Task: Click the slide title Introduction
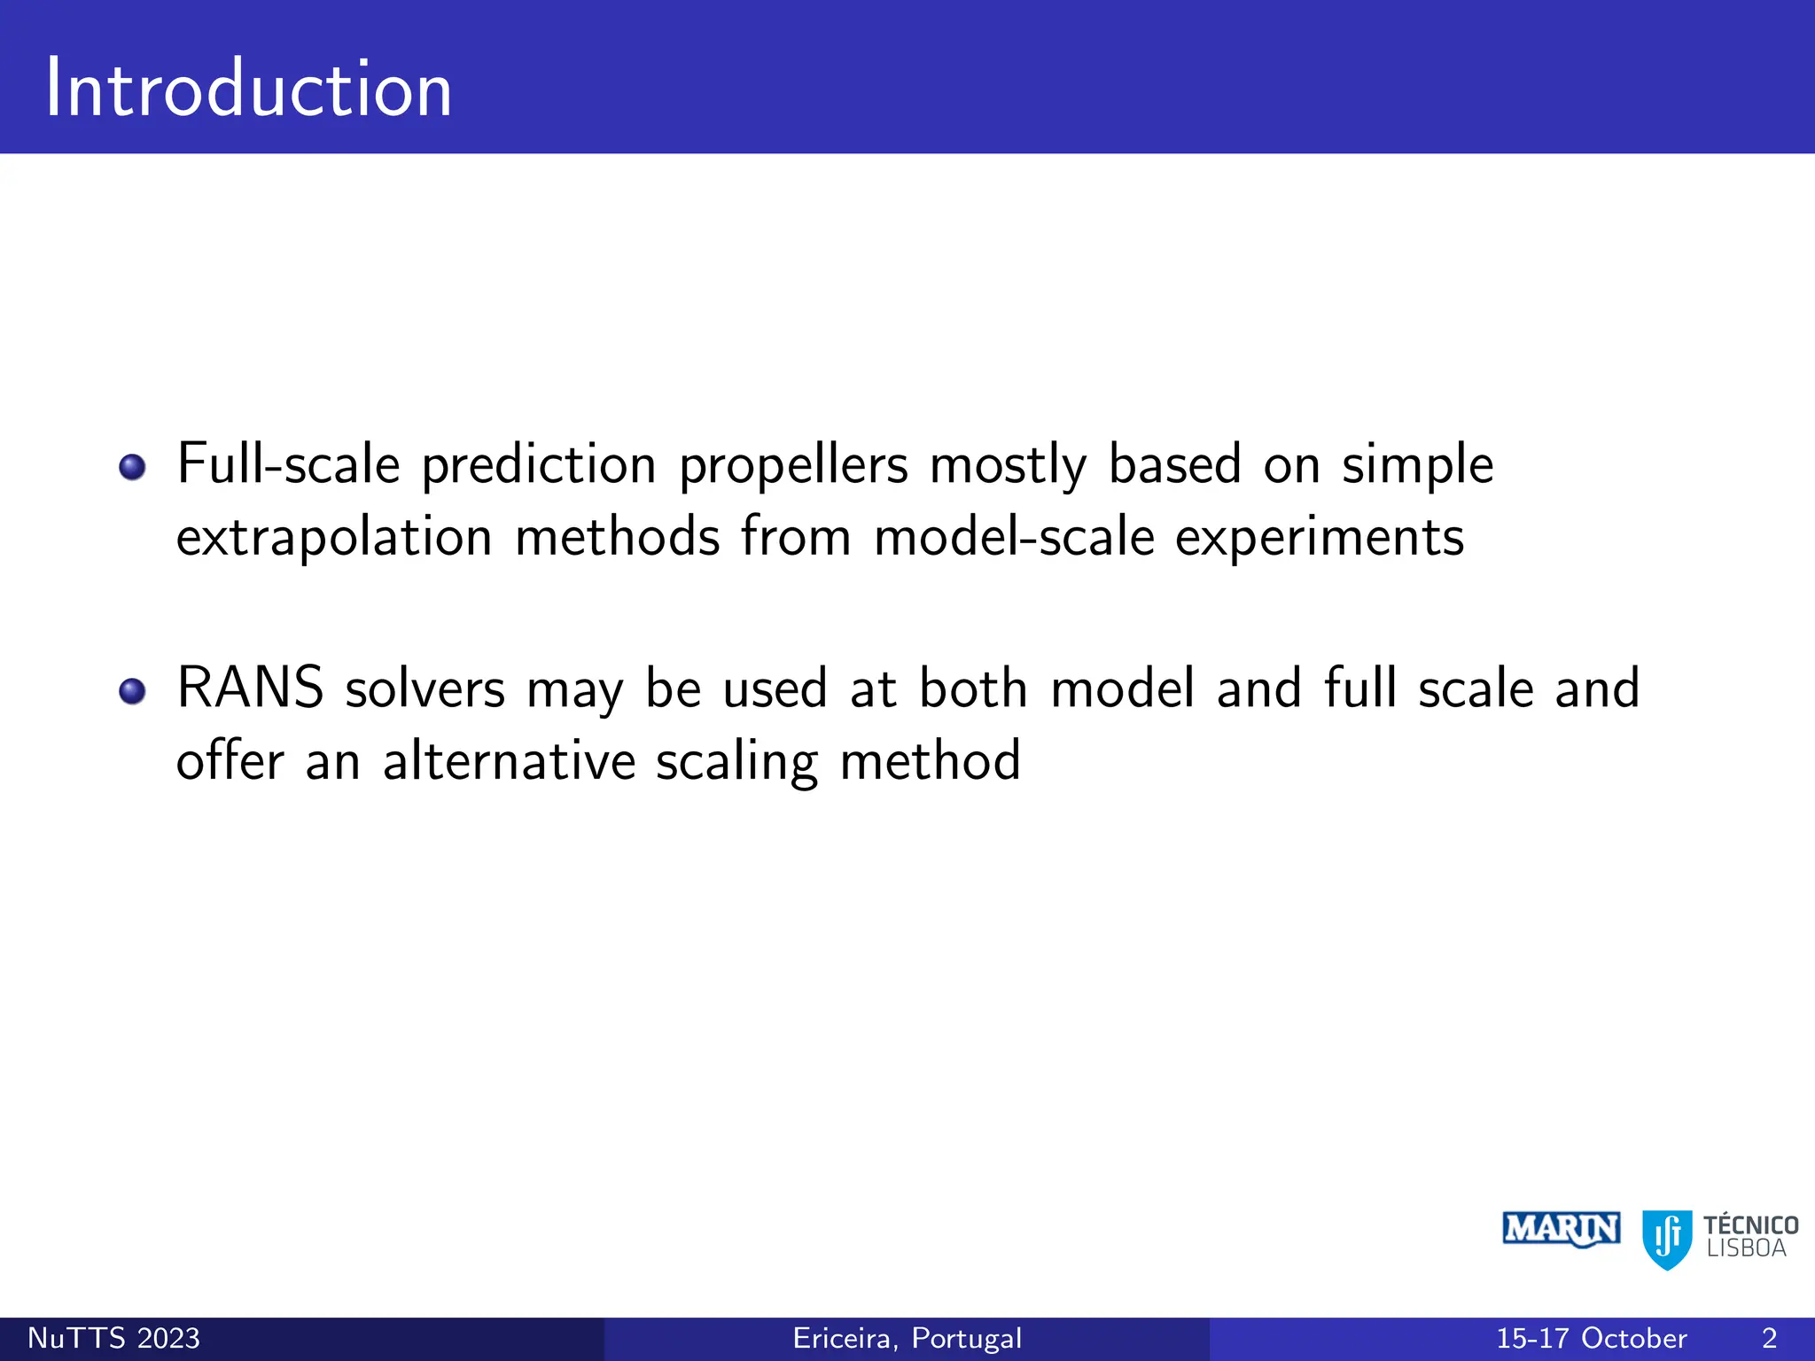[249, 89]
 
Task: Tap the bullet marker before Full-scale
[132, 467]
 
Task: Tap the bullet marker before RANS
[132, 691]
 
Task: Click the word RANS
[250, 688]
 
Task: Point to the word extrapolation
[334, 539]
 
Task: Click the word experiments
[1319, 539]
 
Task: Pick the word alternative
[509, 762]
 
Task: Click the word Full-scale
[288, 464]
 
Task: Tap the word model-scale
[1014, 538]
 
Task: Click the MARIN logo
[1561, 1230]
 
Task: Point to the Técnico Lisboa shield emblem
[1666, 1239]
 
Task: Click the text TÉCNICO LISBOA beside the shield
[1749, 1237]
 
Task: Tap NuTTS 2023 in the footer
[114, 1338]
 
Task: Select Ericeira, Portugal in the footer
[907, 1338]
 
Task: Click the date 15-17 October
[1591, 1338]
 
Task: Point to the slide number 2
[1769, 1338]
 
